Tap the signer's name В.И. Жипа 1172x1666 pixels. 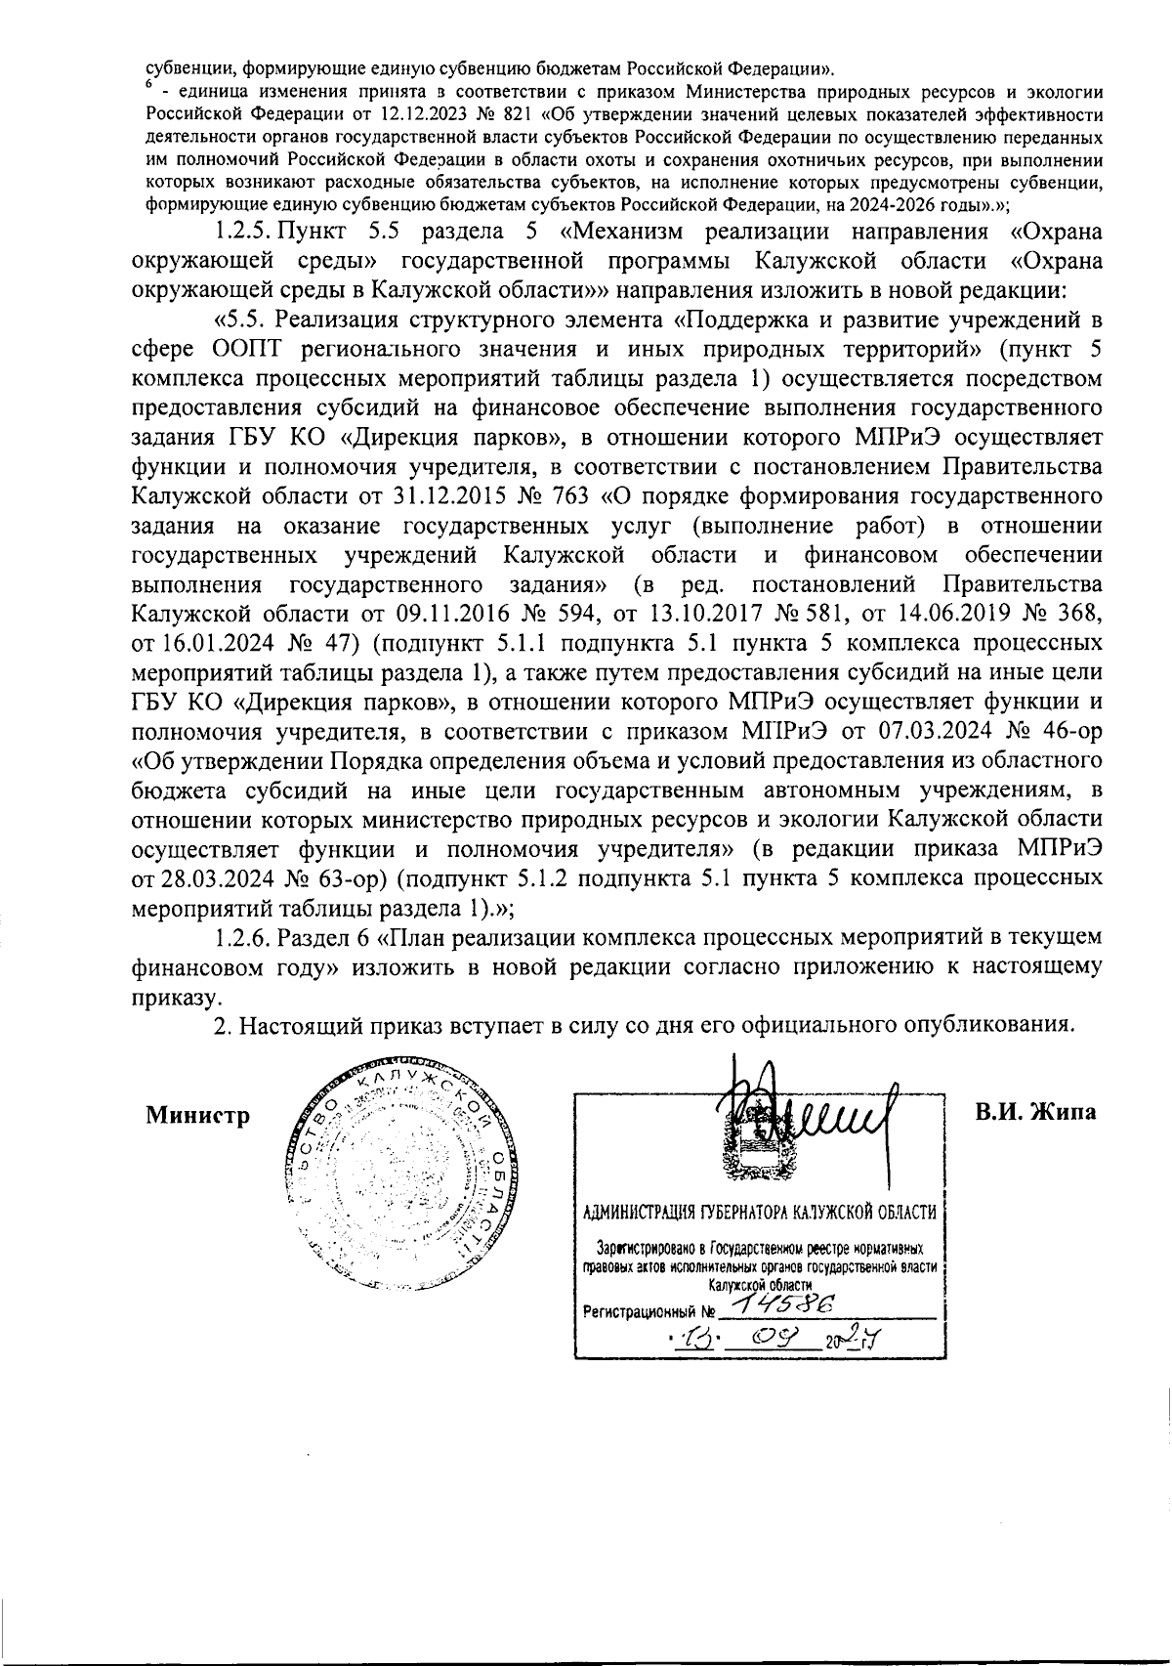[1035, 1112]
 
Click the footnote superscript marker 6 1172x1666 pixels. [150, 86]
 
